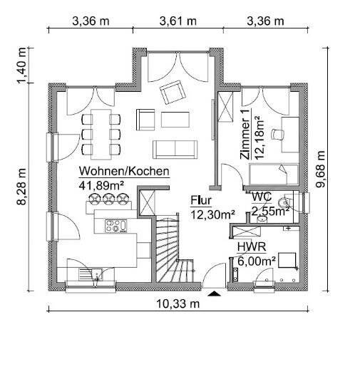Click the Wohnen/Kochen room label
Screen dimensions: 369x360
123,172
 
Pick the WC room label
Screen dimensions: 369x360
261,195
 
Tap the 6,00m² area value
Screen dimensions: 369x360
256,261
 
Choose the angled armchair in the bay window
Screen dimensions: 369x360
171,91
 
